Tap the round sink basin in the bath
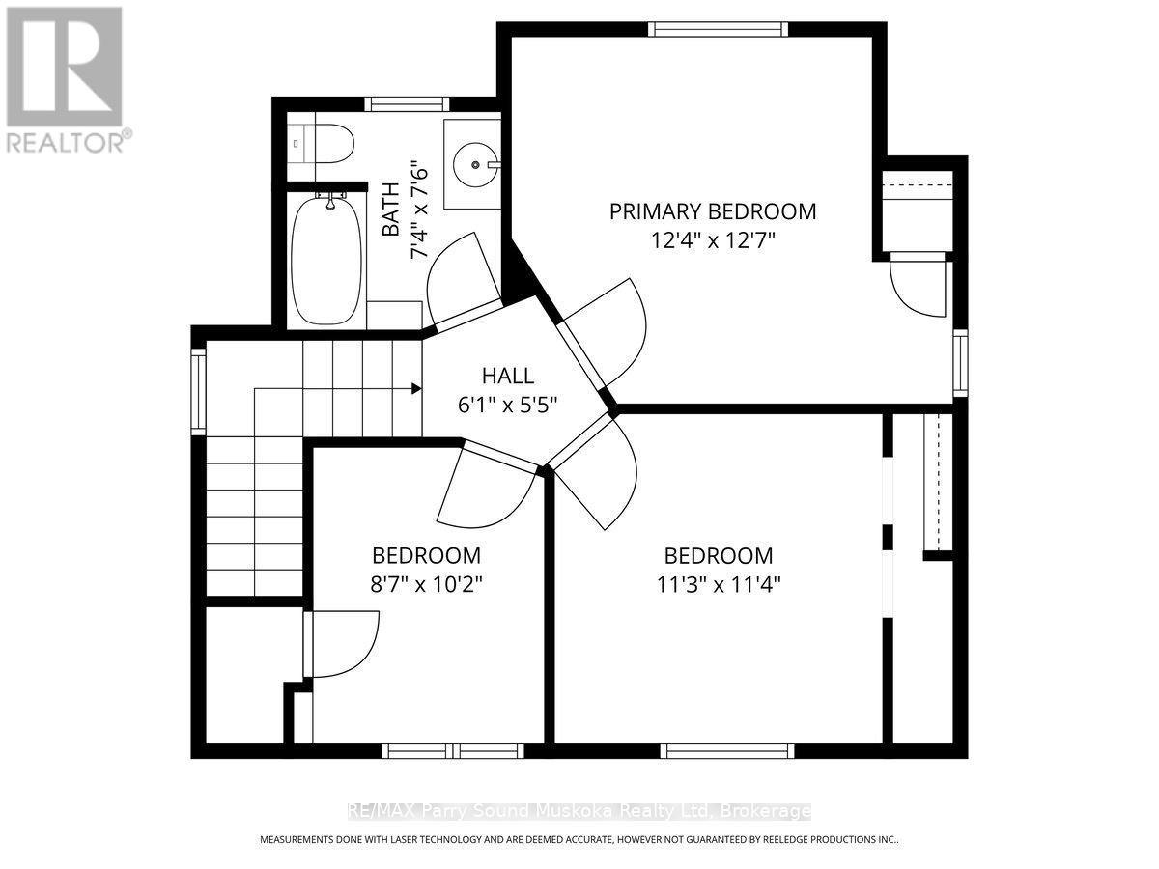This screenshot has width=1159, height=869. tap(475, 165)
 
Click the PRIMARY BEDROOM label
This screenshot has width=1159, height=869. tap(712, 210)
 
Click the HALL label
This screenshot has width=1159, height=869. tap(508, 377)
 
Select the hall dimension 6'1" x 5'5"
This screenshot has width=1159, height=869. tap(508, 404)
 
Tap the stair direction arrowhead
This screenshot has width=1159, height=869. tap(415, 389)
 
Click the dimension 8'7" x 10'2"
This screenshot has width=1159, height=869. tap(426, 584)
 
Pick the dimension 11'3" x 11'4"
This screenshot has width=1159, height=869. tap(718, 584)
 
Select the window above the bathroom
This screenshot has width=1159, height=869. tap(406, 104)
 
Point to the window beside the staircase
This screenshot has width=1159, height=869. tap(198, 390)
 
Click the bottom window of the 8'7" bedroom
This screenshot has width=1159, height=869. tap(452, 750)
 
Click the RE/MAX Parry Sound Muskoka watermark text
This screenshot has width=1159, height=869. tap(579, 811)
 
